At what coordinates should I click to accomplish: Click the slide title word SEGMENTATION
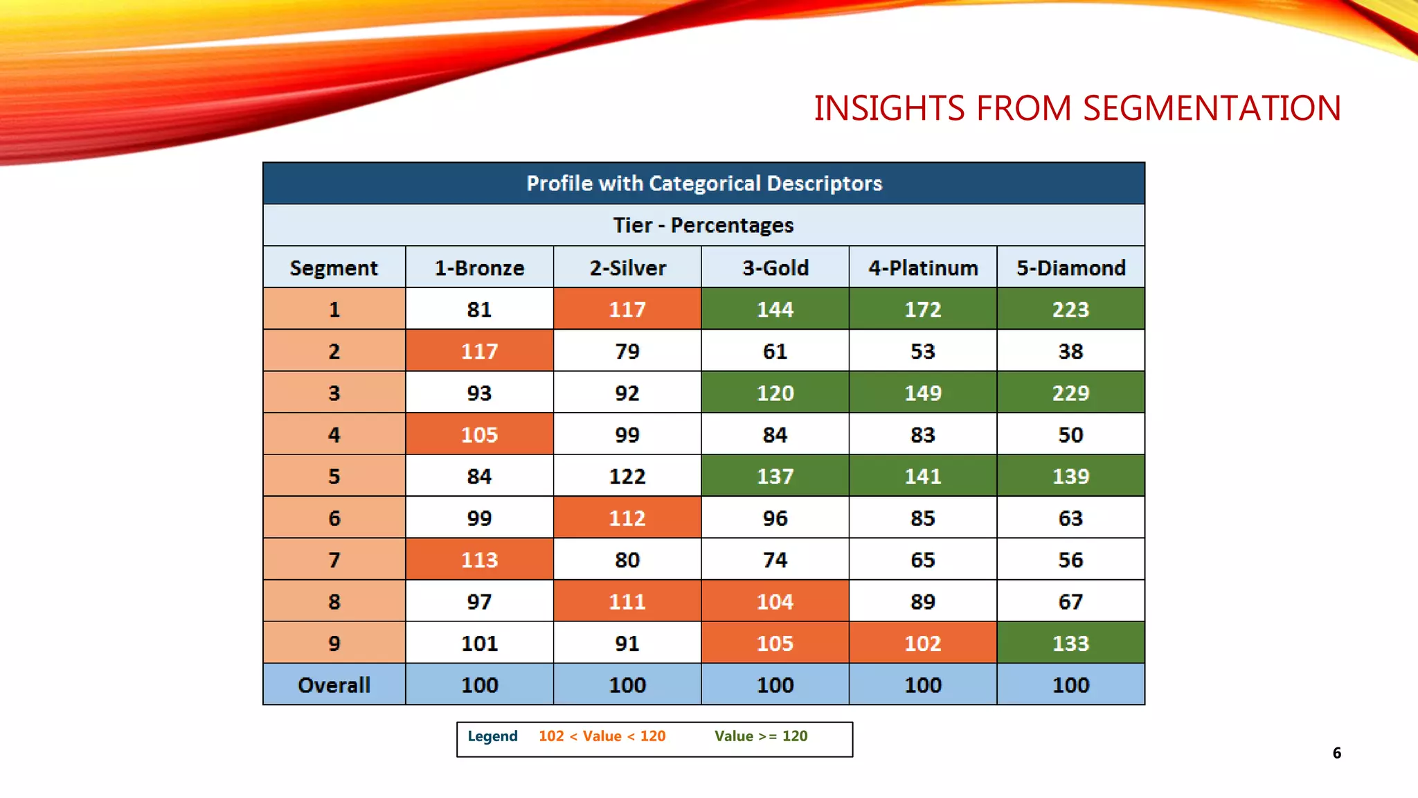click(x=1212, y=109)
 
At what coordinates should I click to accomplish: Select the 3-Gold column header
click(x=775, y=268)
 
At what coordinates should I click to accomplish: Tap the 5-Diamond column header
click(x=1070, y=268)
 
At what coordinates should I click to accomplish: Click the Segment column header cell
click(x=334, y=268)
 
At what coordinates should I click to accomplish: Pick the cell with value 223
click(x=1070, y=310)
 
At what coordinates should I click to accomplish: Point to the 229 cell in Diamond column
click(x=1070, y=393)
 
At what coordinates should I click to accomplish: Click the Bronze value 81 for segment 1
click(x=479, y=310)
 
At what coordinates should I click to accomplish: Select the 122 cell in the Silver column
click(x=627, y=477)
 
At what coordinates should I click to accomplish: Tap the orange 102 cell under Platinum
click(x=922, y=644)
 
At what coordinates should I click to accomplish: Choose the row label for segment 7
click(x=334, y=560)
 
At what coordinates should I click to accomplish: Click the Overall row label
click(x=334, y=685)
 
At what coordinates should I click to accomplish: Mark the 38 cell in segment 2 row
click(x=1070, y=351)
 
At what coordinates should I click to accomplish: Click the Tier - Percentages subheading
click(x=703, y=225)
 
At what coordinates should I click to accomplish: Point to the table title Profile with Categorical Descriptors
click(x=703, y=184)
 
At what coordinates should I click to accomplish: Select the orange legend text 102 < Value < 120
click(x=602, y=736)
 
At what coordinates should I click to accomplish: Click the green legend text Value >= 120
click(x=761, y=736)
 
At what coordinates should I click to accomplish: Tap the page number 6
click(x=1336, y=753)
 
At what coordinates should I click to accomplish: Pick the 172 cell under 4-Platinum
click(x=922, y=310)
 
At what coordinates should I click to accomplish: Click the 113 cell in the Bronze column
click(x=479, y=560)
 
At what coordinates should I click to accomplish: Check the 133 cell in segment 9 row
click(x=1070, y=644)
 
